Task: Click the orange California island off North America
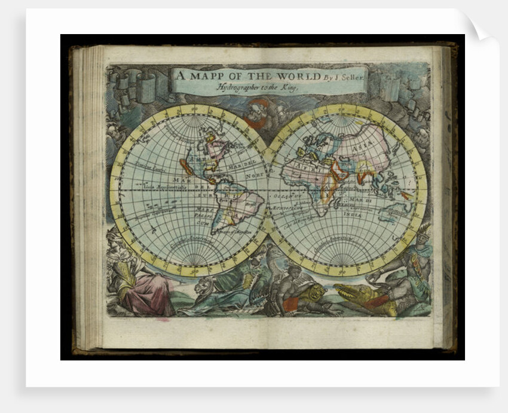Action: point(186,166)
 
